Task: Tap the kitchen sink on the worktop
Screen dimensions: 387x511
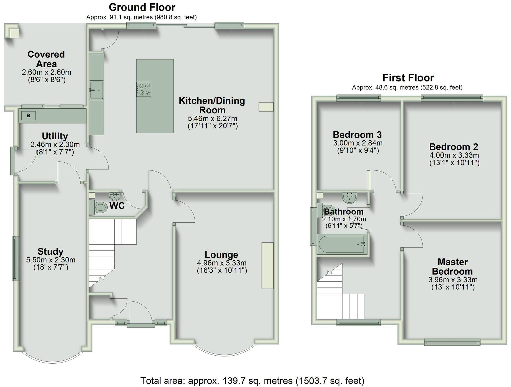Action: click(x=96, y=90)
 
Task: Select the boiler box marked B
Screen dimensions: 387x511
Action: click(x=28, y=116)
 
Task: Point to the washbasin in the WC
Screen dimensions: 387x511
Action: click(x=114, y=196)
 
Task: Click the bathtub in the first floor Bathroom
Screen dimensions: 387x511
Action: click(x=342, y=244)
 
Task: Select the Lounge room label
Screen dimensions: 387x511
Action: click(x=221, y=255)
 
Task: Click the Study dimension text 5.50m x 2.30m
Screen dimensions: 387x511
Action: click(x=51, y=260)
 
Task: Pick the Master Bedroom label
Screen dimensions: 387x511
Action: click(x=452, y=267)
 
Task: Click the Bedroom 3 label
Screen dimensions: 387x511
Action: click(x=357, y=135)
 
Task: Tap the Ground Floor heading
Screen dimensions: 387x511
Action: click(x=142, y=7)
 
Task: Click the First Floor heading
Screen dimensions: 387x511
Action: click(x=408, y=78)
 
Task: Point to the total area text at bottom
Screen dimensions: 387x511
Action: click(x=252, y=381)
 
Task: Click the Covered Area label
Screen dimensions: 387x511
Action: click(x=46, y=59)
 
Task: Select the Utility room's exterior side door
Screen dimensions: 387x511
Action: click(x=12, y=161)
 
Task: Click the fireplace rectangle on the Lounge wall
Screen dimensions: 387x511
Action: click(x=267, y=266)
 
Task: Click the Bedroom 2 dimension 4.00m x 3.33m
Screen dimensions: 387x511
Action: click(x=454, y=155)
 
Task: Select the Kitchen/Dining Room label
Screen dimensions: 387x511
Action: click(x=212, y=105)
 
